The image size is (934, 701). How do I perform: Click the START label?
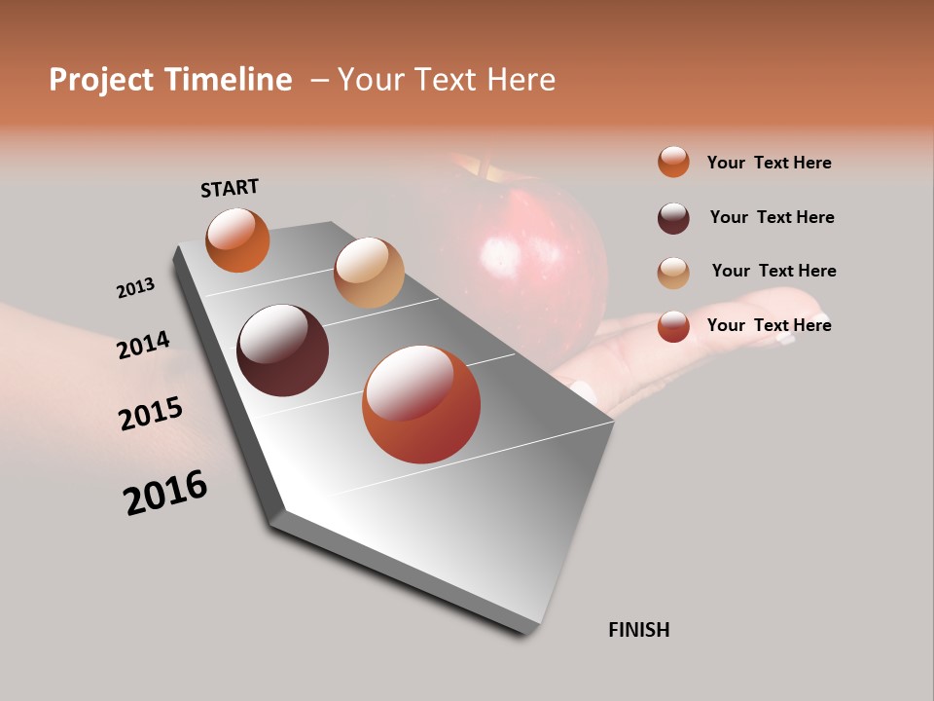[x=230, y=188]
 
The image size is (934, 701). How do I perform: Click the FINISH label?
[x=638, y=630]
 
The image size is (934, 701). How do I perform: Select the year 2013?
[x=135, y=288]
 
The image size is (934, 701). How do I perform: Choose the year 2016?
[x=165, y=492]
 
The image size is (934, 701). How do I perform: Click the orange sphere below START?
[x=237, y=240]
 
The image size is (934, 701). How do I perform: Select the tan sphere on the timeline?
[x=369, y=273]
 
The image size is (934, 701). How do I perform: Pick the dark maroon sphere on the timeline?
[x=282, y=350]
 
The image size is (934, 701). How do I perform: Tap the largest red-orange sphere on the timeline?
[x=420, y=404]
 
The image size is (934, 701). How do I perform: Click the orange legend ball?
[x=673, y=162]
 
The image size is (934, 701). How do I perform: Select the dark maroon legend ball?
[x=673, y=217]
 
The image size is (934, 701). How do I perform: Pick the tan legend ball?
[x=673, y=272]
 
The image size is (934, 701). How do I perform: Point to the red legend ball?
[x=673, y=325]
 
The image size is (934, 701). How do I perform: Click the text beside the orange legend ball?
[x=769, y=163]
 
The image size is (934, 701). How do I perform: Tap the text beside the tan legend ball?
[x=773, y=271]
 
